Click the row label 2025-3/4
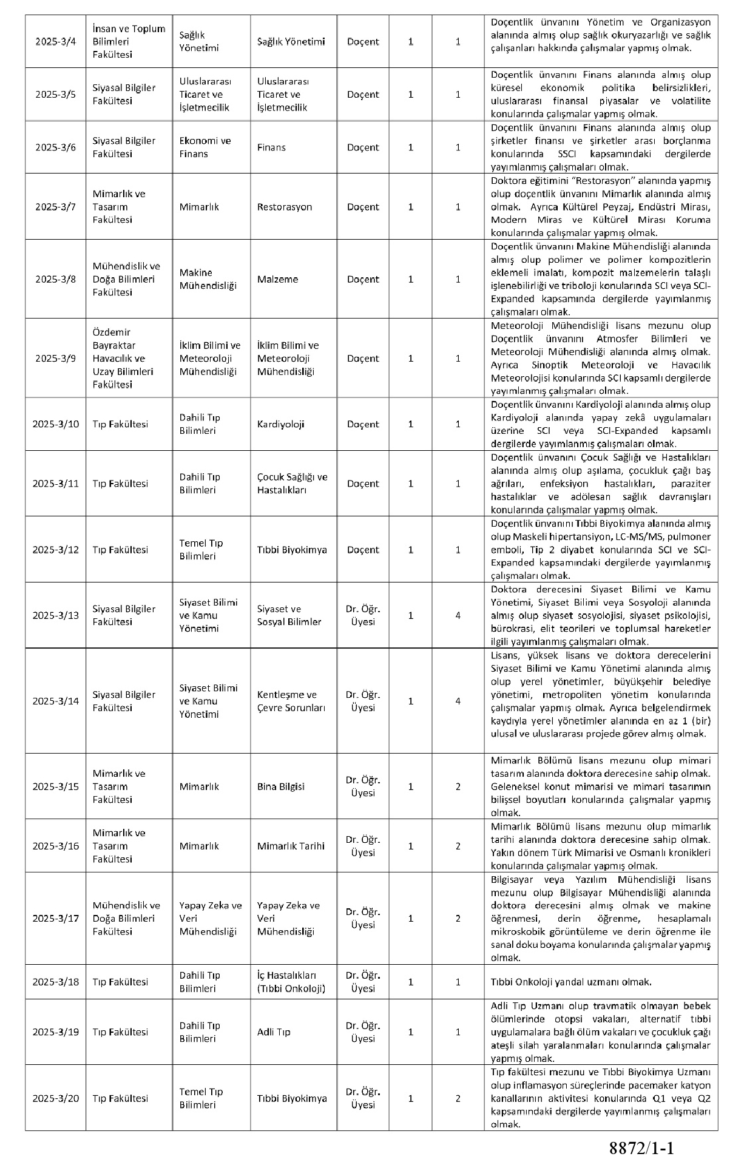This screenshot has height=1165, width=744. click(x=55, y=42)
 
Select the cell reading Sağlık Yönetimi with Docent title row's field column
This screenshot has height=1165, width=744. click(x=291, y=42)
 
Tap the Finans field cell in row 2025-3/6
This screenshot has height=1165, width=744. click(x=271, y=147)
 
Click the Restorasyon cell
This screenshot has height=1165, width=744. click(x=284, y=207)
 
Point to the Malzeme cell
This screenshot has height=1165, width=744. click(x=277, y=280)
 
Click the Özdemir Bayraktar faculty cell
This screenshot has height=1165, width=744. click(x=123, y=359)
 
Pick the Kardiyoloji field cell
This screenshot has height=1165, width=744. click(x=280, y=424)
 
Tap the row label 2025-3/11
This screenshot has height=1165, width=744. click(x=55, y=484)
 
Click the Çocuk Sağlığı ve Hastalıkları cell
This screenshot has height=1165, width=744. click(x=292, y=484)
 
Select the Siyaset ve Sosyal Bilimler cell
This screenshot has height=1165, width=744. click(x=289, y=615)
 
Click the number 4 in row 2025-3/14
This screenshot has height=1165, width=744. click(x=458, y=701)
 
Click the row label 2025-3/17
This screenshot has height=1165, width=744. click(x=55, y=919)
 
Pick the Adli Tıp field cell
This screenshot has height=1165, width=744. click(x=274, y=1032)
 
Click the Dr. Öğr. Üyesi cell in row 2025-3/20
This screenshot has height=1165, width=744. click(x=363, y=1098)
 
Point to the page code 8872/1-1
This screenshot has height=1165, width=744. click(x=642, y=1148)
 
